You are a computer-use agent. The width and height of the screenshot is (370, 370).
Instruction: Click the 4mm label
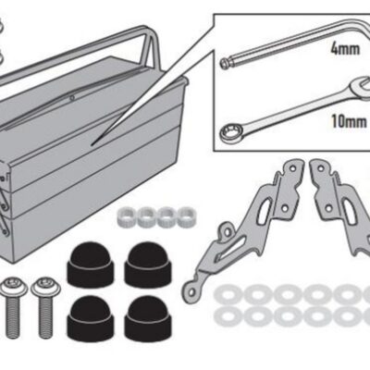click(345, 49)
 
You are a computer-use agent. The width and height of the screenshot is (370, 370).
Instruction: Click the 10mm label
click(350, 121)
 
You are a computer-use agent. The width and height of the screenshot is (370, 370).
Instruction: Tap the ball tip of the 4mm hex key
click(224, 64)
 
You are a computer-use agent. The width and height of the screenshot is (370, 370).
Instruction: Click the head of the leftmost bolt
click(14, 287)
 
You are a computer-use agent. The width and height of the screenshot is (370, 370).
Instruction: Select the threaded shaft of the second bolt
click(45, 317)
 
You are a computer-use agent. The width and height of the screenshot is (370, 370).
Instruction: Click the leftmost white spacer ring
click(127, 216)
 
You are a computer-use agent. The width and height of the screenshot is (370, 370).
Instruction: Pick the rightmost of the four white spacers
click(187, 216)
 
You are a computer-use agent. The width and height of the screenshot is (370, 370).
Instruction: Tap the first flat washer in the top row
click(227, 294)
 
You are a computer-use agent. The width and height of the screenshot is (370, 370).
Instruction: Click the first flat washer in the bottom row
click(227, 317)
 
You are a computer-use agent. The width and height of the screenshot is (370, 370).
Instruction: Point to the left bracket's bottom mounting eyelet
click(191, 291)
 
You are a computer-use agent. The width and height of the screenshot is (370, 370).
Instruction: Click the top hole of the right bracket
click(321, 168)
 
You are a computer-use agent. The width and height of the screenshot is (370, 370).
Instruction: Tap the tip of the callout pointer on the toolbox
click(92, 144)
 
